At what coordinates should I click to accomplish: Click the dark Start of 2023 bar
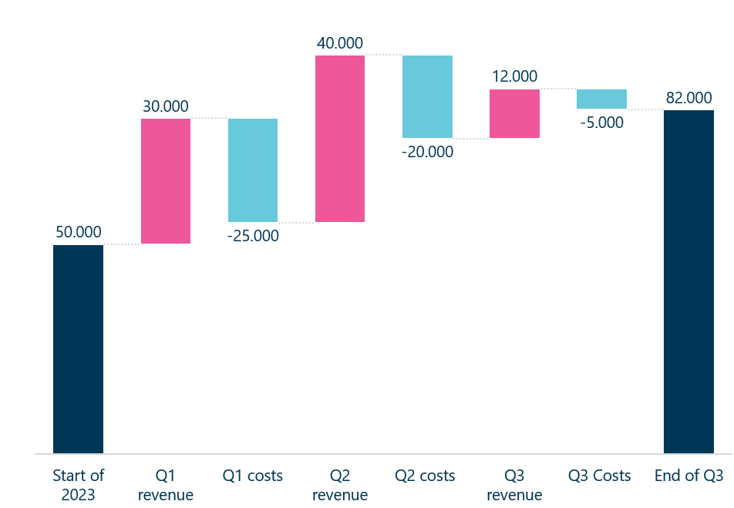(x=78, y=348)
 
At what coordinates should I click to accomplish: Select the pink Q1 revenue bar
(x=166, y=181)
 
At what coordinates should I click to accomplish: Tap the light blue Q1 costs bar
(x=253, y=170)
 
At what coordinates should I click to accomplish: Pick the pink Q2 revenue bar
(x=340, y=139)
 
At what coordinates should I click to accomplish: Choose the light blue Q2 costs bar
(x=427, y=96)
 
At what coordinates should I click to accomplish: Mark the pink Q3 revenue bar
(x=514, y=113)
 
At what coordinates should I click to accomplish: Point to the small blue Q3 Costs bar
(x=601, y=99)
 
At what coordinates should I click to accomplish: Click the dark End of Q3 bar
(x=689, y=281)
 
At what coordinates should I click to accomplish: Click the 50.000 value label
(x=79, y=232)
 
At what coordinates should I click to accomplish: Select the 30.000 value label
(x=166, y=106)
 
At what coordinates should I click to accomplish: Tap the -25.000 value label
(x=253, y=236)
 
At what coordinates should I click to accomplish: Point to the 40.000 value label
(x=340, y=43)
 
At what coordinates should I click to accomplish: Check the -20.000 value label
(x=427, y=152)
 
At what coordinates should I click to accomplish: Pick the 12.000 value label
(x=514, y=76)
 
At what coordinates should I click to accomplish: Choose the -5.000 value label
(x=601, y=123)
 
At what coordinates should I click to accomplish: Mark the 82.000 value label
(x=689, y=97)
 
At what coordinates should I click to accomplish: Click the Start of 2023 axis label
(x=78, y=485)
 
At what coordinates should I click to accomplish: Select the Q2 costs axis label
(x=425, y=476)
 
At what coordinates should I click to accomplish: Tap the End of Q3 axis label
(x=689, y=476)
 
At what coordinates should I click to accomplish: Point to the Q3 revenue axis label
(x=514, y=485)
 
